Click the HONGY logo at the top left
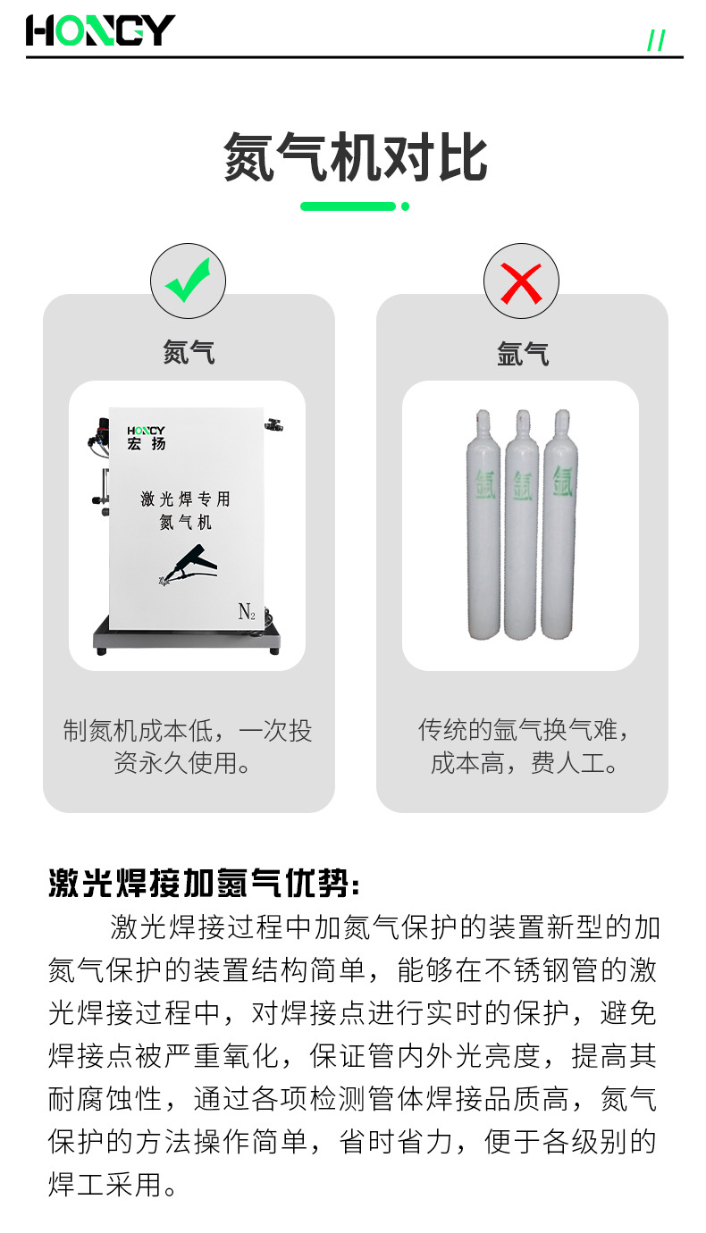[100, 31]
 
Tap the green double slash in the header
[656, 40]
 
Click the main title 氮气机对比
[355, 158]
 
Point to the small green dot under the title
[405, 206]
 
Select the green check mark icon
[188, 281]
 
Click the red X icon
[521, 281]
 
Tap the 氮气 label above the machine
[189, 352]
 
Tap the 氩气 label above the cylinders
[523, 354]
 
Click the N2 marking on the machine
[247, 612]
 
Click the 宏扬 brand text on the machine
[146, 444]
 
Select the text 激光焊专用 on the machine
[185, 499]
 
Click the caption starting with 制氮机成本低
[188, 746]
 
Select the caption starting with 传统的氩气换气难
[523, 746]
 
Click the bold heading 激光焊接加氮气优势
[204, 884]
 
